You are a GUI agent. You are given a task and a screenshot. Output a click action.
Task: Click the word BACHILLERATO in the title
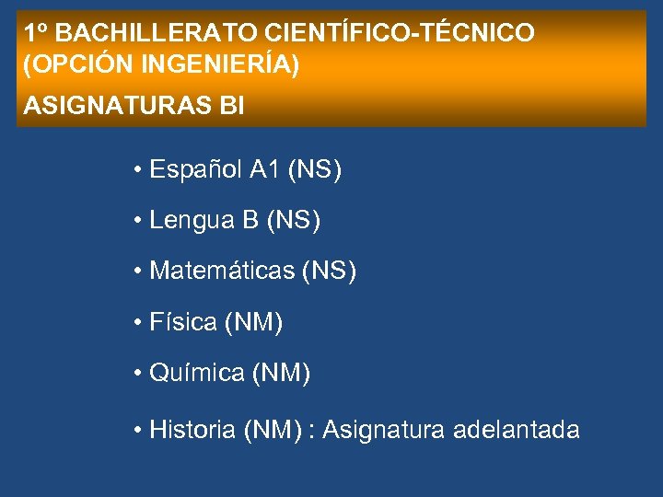(x=156, y=34)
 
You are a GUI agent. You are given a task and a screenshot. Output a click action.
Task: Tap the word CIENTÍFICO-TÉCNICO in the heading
(x=400, y=34)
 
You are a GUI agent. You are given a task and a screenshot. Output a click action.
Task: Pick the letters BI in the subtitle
(x=233, y=107)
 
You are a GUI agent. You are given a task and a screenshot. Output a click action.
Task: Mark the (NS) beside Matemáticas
(x=329, y=272)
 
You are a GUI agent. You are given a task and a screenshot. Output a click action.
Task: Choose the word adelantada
(x=517, y=430)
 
